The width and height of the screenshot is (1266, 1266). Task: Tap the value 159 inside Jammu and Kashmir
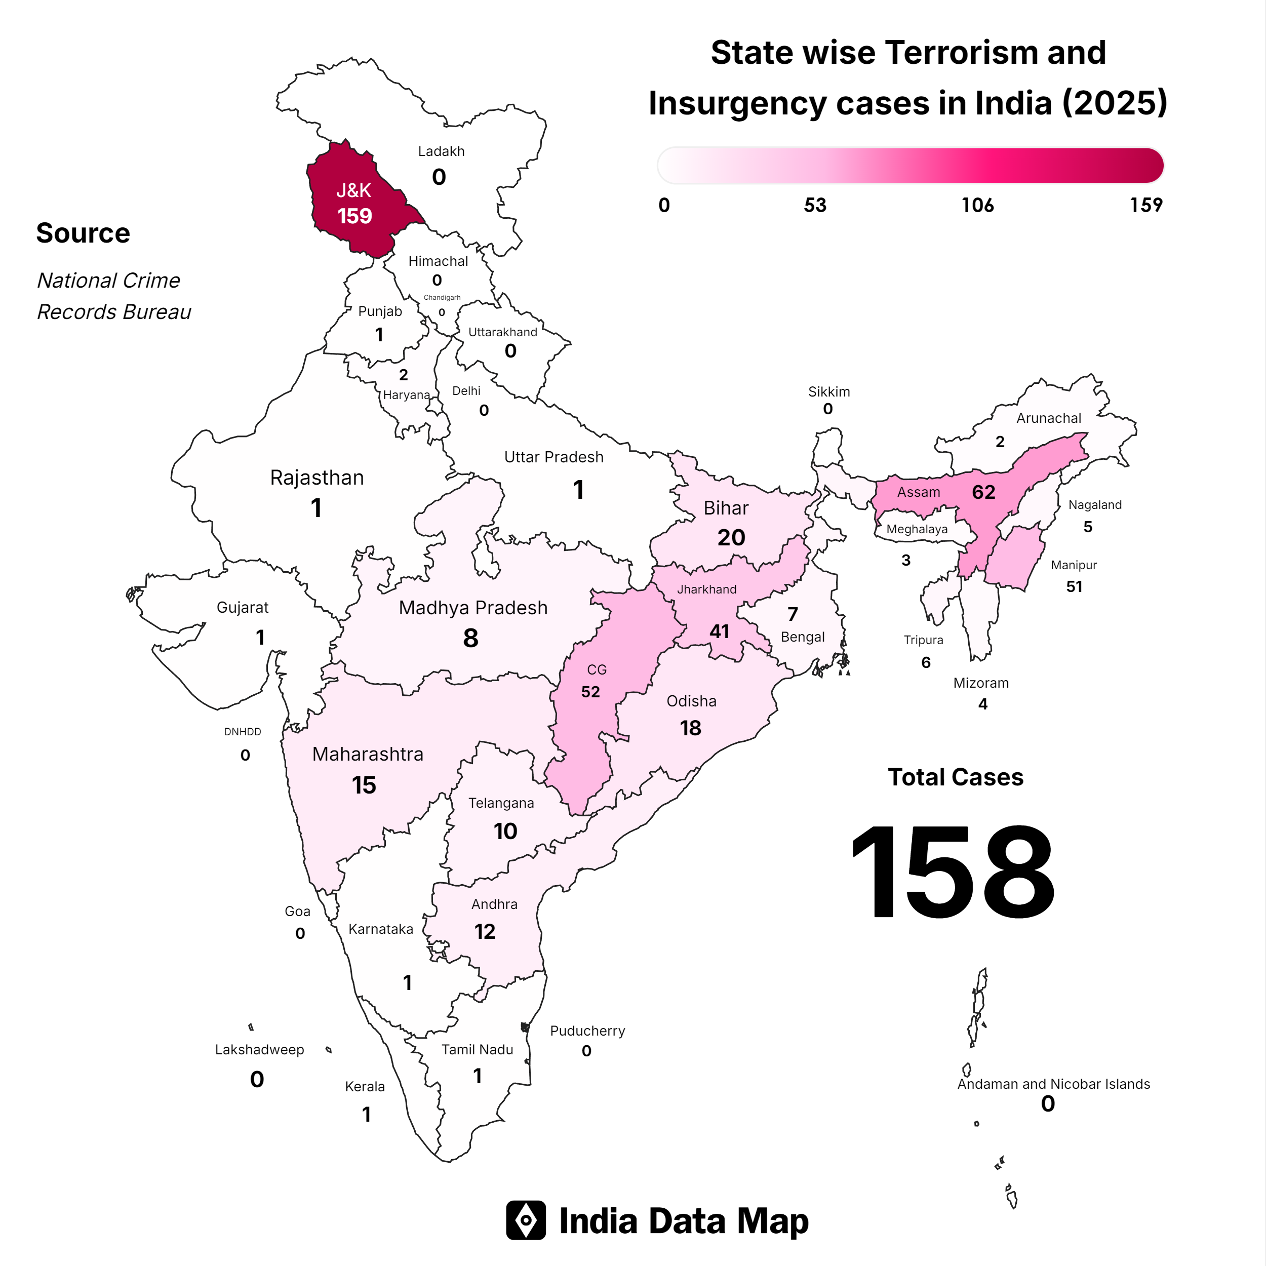354,216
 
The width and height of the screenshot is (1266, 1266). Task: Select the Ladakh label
441,151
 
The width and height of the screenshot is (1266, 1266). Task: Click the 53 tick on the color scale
815,206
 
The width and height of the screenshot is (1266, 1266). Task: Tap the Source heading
83,233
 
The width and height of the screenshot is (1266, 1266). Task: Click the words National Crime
109,281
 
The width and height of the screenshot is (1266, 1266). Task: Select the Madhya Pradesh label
473,608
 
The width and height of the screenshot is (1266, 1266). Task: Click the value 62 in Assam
983,492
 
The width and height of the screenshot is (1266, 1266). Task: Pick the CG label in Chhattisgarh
597,669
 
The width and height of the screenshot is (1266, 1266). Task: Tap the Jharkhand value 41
719,631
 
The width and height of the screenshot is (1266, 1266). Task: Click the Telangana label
501,803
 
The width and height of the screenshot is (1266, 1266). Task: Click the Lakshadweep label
259,1050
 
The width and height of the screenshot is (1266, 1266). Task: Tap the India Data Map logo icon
526,1220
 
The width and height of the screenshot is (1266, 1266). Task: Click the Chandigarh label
442,297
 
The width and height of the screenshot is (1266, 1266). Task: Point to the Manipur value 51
1074,586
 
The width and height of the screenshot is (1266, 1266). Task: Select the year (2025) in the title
1114,103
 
